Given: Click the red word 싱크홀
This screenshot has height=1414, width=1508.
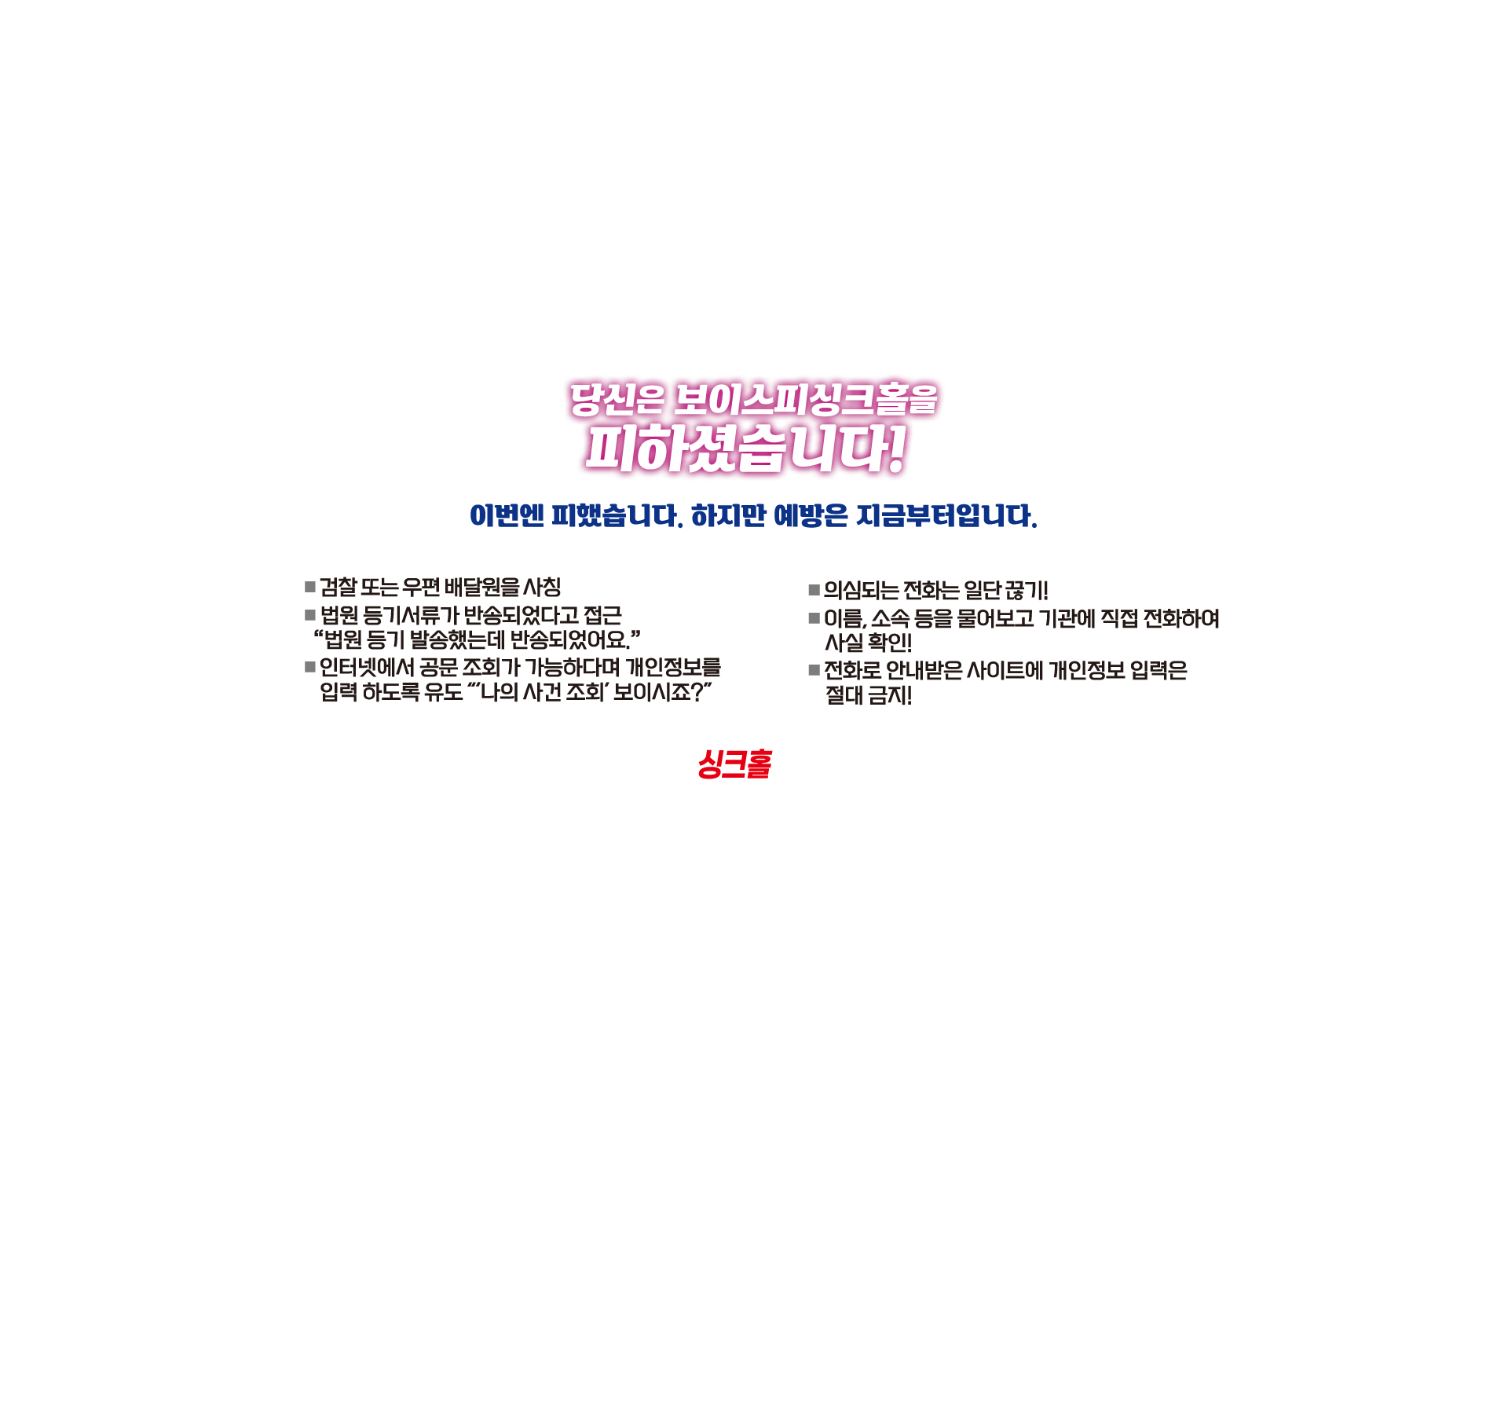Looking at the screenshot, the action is [x=734, y=764].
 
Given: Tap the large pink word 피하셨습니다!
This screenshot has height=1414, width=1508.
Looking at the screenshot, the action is [x=745, y=449].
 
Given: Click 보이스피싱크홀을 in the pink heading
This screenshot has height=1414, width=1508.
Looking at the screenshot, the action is [x=806, y=399].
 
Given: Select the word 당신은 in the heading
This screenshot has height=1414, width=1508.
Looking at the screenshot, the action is [x=617, y=399].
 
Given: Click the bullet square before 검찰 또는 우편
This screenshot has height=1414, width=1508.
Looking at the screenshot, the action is [x=310, y=587].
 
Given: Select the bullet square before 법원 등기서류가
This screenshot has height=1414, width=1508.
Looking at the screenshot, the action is [x=310, y=615].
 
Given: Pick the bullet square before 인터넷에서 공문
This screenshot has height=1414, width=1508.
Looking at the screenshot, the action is [x=310, y=667].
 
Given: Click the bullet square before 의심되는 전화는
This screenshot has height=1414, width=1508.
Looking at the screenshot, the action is [x=814, y=590].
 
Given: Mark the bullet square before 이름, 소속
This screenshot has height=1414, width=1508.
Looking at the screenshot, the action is [x=814, y=618].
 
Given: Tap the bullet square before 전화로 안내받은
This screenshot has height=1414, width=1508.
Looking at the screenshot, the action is [x=814, y=670].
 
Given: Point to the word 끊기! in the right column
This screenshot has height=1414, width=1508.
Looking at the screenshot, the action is [x=1027, y=590].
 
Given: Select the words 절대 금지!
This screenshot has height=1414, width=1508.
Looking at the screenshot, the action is [x=868, y=695].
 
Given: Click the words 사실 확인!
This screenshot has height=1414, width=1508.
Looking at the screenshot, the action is [x=868, y=643].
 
